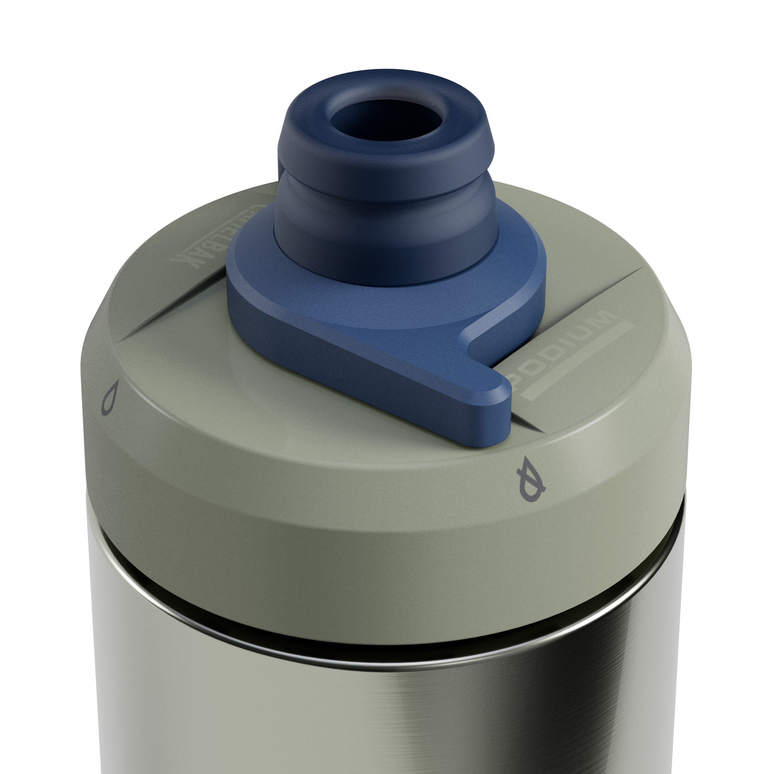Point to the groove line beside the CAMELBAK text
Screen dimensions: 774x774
(x=176, y=304)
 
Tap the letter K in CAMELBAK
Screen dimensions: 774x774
(x=182, y=260)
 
